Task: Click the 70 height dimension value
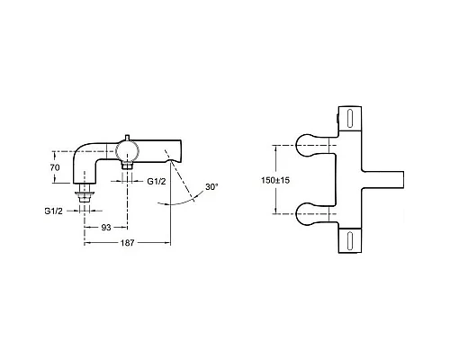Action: (55, 167)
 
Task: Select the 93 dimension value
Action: (106, 228)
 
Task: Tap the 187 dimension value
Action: (127, 243)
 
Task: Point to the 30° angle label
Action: (211, 187)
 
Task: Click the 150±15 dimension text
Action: (275, 180)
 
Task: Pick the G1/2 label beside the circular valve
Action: (157, 181)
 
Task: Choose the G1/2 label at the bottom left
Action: (54, 211)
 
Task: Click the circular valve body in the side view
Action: (128, 151)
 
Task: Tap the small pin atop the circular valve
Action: (127, 138)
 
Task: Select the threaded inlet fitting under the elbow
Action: (85, 193)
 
